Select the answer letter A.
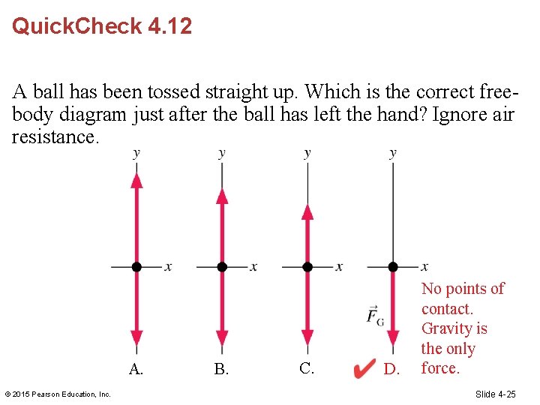pyautogui.click(x=136, y=369)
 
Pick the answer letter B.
pyautogui.click(x=221, y=369)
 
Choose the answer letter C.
pyautogui.click(x=306, y=368)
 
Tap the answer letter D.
pyautogui.click(x=391, y=369)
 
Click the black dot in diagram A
pyautogui.click(x=136, y=266)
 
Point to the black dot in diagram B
pyautogui.click(x=221, y=266)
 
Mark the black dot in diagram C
pyautogui.click(x=307, y=266)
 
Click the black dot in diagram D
pyautogui.click(x=392, y=266)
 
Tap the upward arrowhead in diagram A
pyautogui.click(x=136, y=180)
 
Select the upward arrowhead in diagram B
pyautogui.click(x=221, y=196)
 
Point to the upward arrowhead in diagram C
pyautogui.click(x=307, y=211)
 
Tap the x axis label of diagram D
pyautogui.click(x=424, y=266)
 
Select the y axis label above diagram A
pyautogui.click(x=136, y=154)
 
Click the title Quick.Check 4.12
pyautogui.click(x=102, y=26)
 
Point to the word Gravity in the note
pyautogui.click(x=454, y=328)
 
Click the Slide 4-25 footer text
pyautogui.click(x=495, y=394)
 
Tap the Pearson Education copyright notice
pyautogui.click(x=58, y=394)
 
